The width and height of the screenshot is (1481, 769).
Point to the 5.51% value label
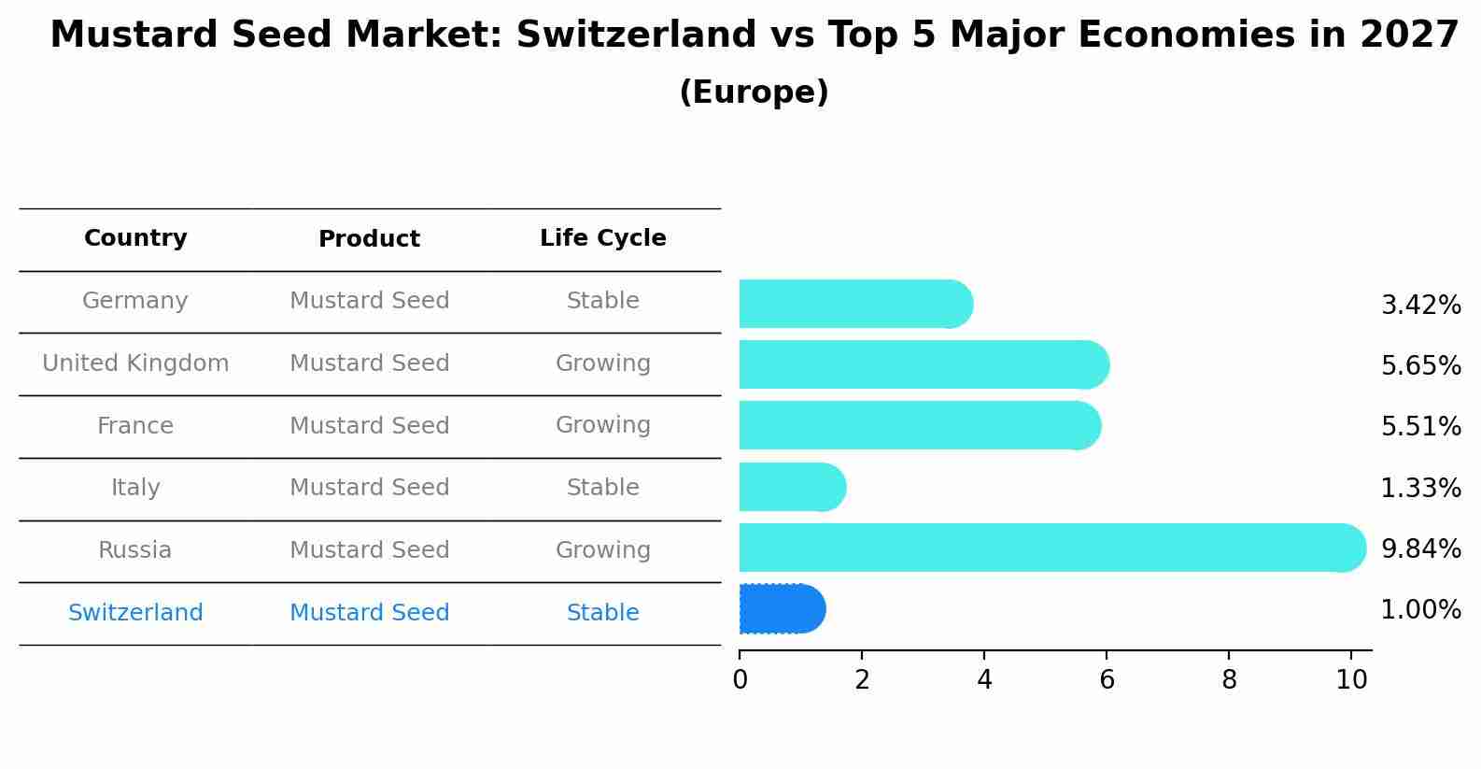1420,427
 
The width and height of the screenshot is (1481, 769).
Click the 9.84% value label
1420,548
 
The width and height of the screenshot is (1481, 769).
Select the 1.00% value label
1420,610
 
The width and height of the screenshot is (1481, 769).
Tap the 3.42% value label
1420,306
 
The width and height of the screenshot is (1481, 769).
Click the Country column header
135,238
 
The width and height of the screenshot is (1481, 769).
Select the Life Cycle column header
602,238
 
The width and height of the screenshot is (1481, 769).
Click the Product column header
369,239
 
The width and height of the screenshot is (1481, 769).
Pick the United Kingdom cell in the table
135,363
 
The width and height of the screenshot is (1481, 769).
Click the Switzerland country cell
135,613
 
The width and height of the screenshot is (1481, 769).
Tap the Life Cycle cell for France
602,425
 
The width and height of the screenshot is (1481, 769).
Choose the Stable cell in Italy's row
602,488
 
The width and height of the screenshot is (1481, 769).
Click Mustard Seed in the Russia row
369,550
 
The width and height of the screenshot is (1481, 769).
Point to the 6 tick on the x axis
1107,679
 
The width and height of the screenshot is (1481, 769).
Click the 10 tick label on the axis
1351,679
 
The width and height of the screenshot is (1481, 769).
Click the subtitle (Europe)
754,93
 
